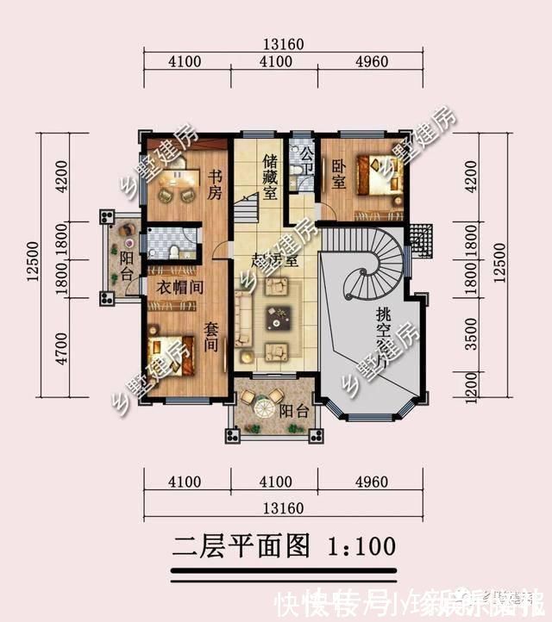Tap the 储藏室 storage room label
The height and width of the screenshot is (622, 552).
coord(270,177)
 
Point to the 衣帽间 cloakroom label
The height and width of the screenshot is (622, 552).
coord(179,289)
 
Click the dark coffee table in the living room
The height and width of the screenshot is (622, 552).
coord(278,318)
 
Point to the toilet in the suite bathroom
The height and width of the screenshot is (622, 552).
coord(175,250)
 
